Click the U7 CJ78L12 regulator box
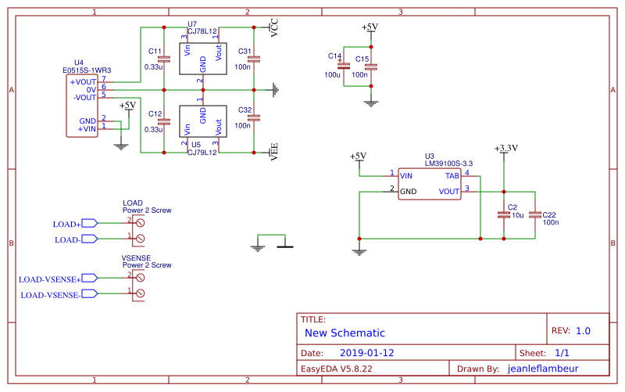[202, 59]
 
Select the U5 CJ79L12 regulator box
[202, 122]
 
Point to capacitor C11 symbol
[163, 59]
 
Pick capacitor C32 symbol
[254, 119]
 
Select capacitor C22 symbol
[534, 214]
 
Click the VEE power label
[274, 152]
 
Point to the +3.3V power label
[506, 147]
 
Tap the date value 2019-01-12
[366, 353]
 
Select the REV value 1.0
[583, 331]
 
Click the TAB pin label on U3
[452, 176]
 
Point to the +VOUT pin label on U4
[83, 81]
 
